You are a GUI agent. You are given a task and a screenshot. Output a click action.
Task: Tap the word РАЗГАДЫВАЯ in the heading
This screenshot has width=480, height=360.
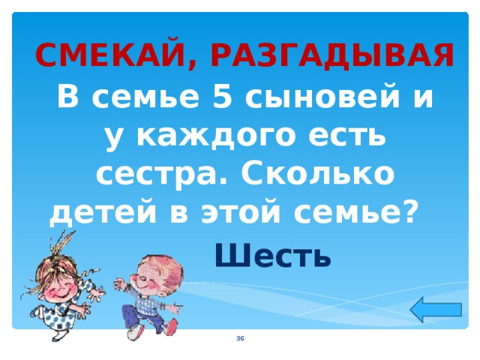pyautogui.click(x=331, y=55)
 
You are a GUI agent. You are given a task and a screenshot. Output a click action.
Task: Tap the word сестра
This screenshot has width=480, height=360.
pyautogui.click(x=153, y=176)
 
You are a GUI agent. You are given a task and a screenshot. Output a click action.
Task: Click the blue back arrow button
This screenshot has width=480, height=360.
pyautogui.click(x=437, y=309)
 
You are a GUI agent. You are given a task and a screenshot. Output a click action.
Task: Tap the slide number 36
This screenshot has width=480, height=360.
pyautogui.click(x=239, y=340)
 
